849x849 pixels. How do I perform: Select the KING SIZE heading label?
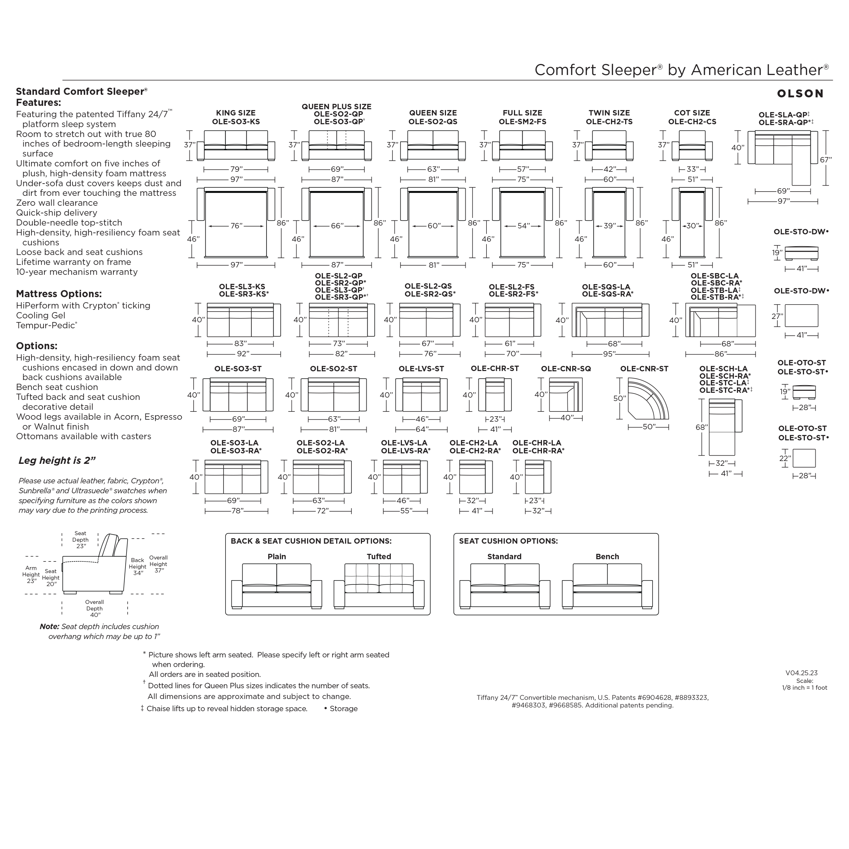point(236,113)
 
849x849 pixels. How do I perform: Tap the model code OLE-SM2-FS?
point(522,122)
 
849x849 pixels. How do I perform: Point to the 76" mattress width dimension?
point(236,226)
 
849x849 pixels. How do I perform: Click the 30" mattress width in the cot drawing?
point(692,226)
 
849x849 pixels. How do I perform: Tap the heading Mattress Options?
point(59,294)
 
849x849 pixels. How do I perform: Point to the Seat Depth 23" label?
point(80,540)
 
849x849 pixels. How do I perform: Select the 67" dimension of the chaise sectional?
point(826,160)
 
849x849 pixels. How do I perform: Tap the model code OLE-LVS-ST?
point(421,369)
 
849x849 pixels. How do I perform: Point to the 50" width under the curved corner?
point(649,427)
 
